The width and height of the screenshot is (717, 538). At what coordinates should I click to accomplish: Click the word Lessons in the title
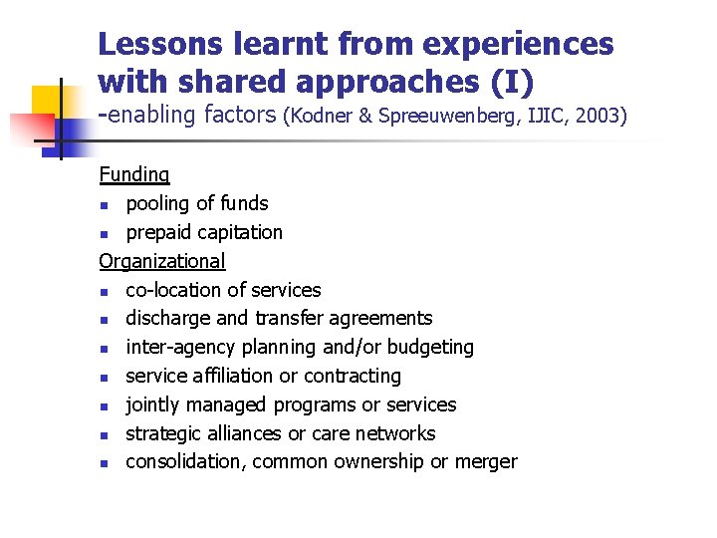coord(161,44)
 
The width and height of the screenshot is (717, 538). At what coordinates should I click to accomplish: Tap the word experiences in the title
coord(518,44)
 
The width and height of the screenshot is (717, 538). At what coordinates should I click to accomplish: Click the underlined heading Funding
coord(134,175)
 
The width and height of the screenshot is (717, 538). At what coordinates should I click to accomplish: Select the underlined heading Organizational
coord(162,261)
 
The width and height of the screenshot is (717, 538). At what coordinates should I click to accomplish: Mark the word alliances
coord(246,433)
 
